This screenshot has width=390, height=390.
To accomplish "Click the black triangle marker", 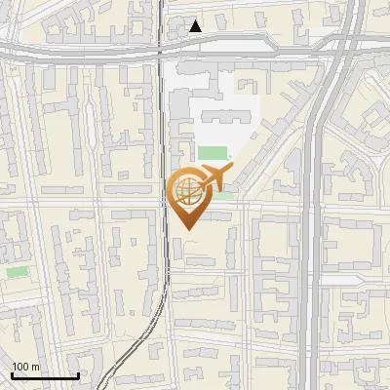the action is coord(196,26).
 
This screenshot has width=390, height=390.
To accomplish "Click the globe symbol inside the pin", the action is coord(185,189).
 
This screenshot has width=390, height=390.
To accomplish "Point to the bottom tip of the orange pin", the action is coord(185,229).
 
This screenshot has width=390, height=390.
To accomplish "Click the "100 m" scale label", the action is coord(26,368).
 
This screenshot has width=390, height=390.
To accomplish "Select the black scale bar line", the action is coord(45,376).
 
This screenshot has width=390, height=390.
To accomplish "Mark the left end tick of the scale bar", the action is coord(12,374).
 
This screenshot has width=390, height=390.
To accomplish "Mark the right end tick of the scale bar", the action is coord(78,374).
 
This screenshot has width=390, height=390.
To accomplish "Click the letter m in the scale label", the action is coord(36,368).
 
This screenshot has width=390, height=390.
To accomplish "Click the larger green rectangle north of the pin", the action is coord(213,152).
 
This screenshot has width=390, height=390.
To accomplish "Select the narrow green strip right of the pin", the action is coord(224,195).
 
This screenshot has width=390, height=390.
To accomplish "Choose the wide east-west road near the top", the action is coord(97,51).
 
